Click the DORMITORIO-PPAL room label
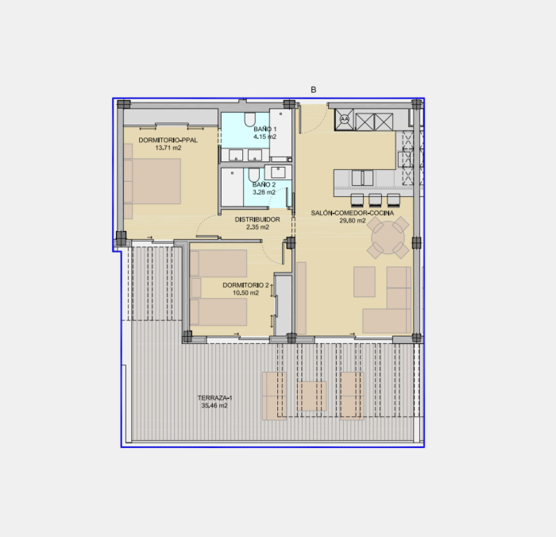pos(168,140)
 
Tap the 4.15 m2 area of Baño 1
pos(264,137)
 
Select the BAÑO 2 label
pos(264,184)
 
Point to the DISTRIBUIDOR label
pos(257,219)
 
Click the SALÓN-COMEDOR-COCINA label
pos(353,213)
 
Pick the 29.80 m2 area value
pos(353,221)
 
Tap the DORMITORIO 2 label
pos(245,285)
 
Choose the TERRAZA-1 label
pos(214,398)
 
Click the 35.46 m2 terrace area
pos(214,406)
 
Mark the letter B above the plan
pos(314,90)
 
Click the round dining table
pos(388,238)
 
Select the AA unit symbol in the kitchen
pos(344,119)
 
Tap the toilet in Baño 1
pos(249,119)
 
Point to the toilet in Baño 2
pos(253,176)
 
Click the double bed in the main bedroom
pos(153,181)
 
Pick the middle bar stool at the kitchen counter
pos(375,199)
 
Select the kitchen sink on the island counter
pos(362,178)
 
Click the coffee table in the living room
pos(364,282)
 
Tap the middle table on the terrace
pos(311,396)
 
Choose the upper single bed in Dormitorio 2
pos(218,263)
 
